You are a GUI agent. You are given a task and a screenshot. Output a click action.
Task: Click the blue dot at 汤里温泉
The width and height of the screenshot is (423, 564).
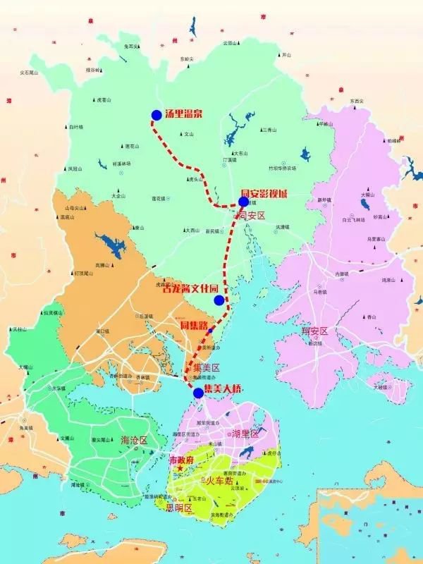click(x=157, y=115)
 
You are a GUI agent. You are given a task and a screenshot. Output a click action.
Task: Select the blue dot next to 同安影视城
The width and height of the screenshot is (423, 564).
click(x=244, y=202)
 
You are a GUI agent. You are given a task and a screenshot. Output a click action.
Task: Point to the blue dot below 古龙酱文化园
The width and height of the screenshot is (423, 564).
click(x=219, y=300)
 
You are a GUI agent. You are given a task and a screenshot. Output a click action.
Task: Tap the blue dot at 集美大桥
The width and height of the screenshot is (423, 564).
click(x=198, y=393)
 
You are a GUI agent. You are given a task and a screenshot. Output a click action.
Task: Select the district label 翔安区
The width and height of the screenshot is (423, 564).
click(x=315, y=331)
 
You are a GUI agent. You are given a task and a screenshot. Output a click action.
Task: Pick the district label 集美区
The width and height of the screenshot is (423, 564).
click(x=207, y=367)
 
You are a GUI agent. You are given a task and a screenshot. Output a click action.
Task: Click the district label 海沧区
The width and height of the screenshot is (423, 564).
click(x=134, y=440)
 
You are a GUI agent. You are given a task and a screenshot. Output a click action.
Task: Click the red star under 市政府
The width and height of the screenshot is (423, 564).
click(x=180, y=468)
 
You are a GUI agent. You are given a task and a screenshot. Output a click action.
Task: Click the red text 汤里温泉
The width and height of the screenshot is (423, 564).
click(x=183, y=114)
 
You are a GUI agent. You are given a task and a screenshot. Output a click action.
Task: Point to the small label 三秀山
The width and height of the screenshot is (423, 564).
click(x=268, y=130)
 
